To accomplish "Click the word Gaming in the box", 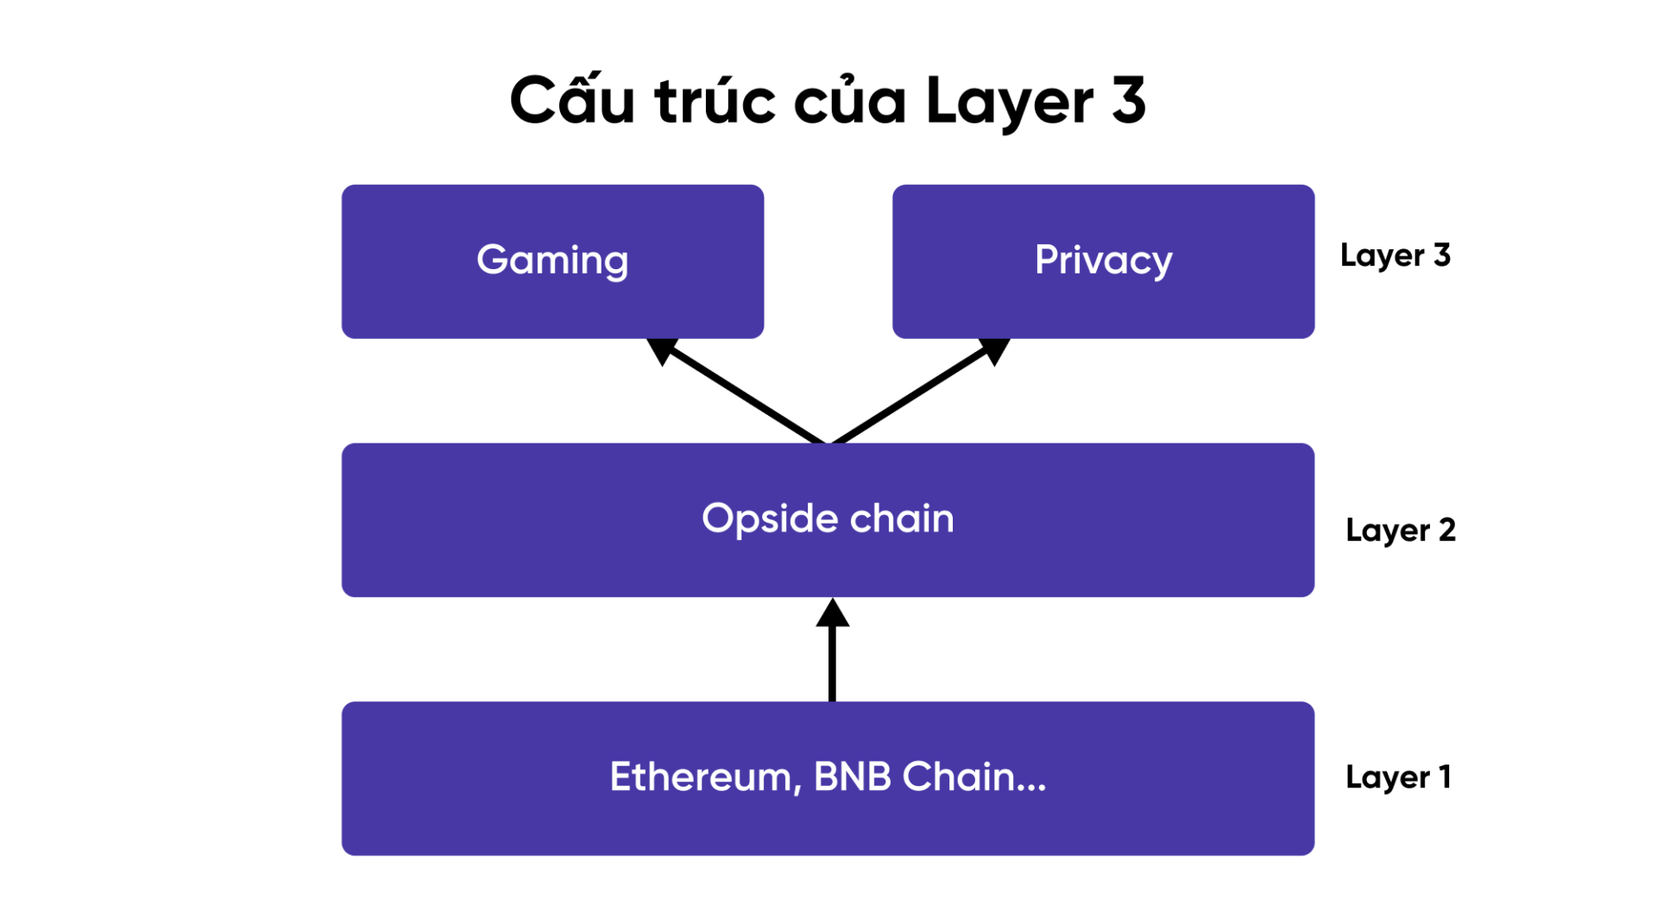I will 552,260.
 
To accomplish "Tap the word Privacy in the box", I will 1103,260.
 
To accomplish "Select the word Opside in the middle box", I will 770,518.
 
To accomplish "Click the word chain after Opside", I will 902,518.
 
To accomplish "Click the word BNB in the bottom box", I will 852,776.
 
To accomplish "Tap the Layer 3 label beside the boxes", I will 1395,255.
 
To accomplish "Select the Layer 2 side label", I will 1400,530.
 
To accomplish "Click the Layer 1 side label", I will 1397,777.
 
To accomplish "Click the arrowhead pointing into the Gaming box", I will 661,349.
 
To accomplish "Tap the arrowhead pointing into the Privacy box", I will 995,349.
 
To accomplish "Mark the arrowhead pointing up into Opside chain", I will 832,613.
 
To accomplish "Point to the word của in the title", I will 849,101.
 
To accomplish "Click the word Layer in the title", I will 1010,101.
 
